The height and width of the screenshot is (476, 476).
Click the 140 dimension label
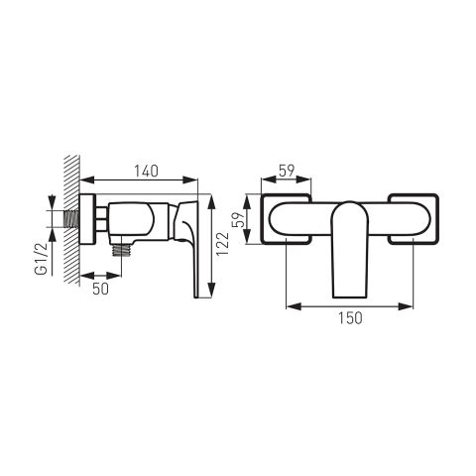pyautogui.click(x=146, y=171)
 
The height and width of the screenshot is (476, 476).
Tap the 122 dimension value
pyautogui.click(x=222, y=244)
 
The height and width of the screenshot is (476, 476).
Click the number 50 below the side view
pyautogui.click(x=100, y=289)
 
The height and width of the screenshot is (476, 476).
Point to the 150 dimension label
pyautogui.click(x=350, y=318)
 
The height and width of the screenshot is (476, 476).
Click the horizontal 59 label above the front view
pyautogui.click(x=287, y=171)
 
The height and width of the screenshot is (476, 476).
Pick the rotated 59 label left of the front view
pyautogui.click(x=239, y=218)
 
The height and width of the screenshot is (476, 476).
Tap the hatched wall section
pyautogui.click(x=72, y=219)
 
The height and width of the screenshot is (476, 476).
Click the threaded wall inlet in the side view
pyautogui.click(x=71, y=218)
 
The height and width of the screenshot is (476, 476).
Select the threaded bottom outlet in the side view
pyautogui.click(x=121, y=249)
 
